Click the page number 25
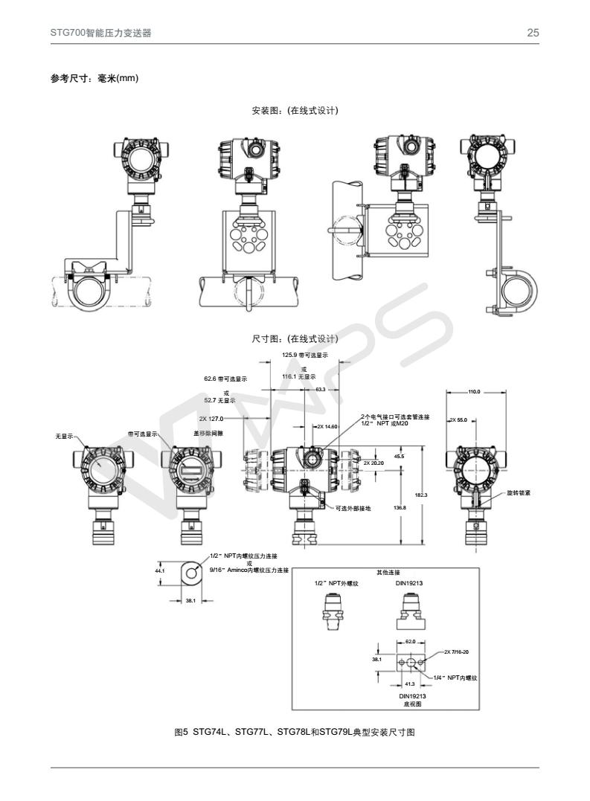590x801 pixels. pos(533,33)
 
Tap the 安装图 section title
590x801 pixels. pos(295,111)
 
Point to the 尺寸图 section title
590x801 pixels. pos(295,339)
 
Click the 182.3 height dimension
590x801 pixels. pos(421,495)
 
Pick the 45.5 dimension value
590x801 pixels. pos(399,456)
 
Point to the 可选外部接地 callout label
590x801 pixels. pos(353,508)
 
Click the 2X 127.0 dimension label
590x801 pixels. pos(211,419)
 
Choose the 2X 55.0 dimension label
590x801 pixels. pos(458,420)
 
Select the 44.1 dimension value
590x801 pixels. pos(159,570)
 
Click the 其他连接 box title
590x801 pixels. pos(388,573)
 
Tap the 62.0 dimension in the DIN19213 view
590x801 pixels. pos(410,640)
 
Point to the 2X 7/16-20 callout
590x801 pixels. pos(456,652)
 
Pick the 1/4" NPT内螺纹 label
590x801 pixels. pos(456,678)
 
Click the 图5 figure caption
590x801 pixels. pos(294,733)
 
